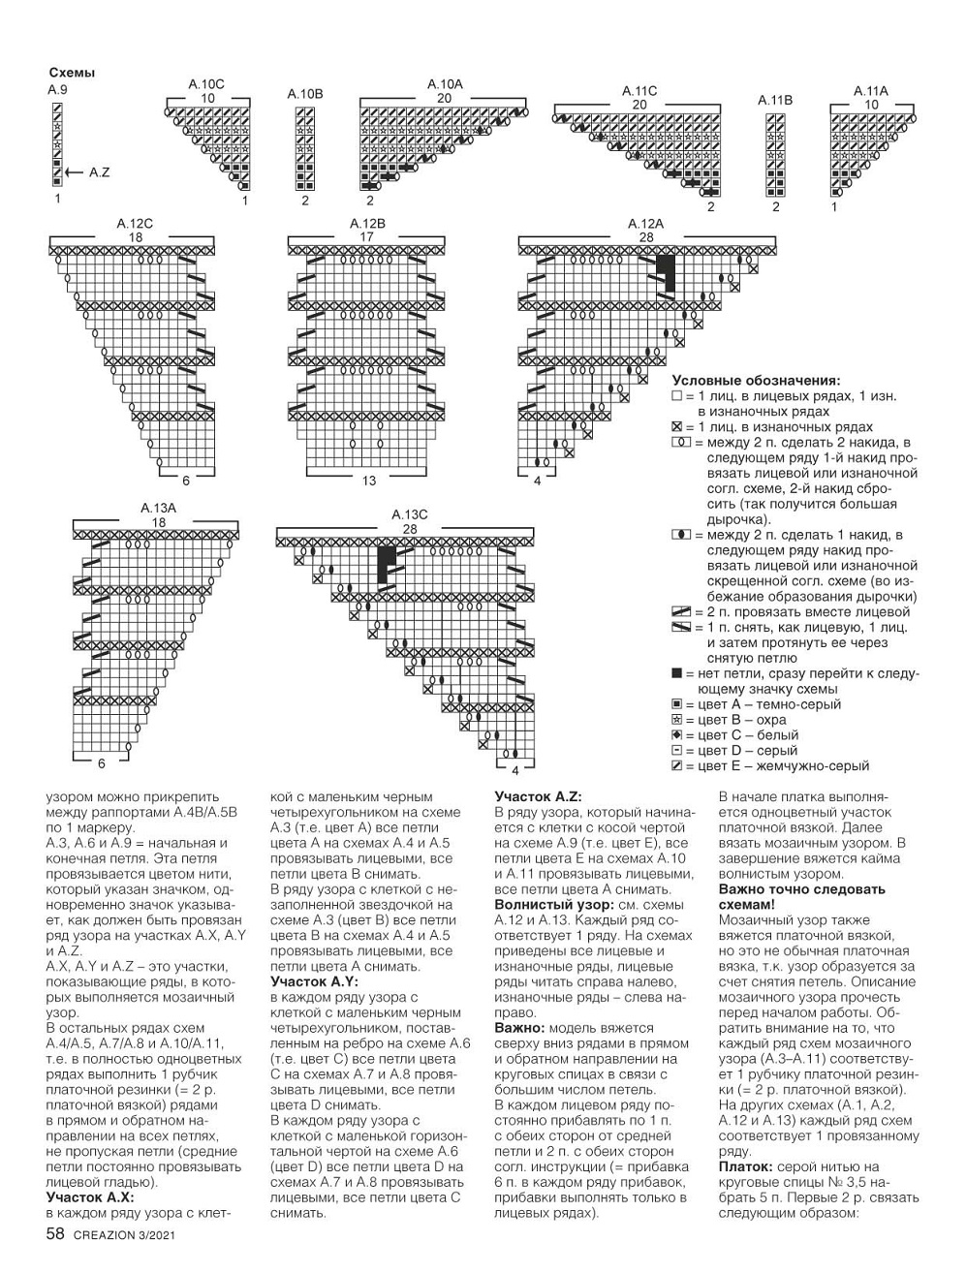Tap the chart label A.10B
pyautogui.click(x=304, y=94)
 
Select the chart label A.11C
pyautogui.click(x=639, y=91)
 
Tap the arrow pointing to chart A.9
pyautogui.click(x=75, y=171)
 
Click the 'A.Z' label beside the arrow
pyautogui.click(x=99, y=172)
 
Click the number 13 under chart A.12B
pyautogui.click(x=368, y=481)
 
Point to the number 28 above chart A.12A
pyautogui.click(x=646, y=237)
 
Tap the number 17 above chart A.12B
pyautogui.click(x=367, y=237)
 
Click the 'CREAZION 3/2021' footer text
pyautogui.click(x=120, y=1235)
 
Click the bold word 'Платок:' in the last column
pyautogui.click(x=743, y=1167)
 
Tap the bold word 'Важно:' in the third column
pyautogui.click(x=519, y=1028)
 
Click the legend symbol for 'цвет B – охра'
pyautogui.click(x=676, y=720)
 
